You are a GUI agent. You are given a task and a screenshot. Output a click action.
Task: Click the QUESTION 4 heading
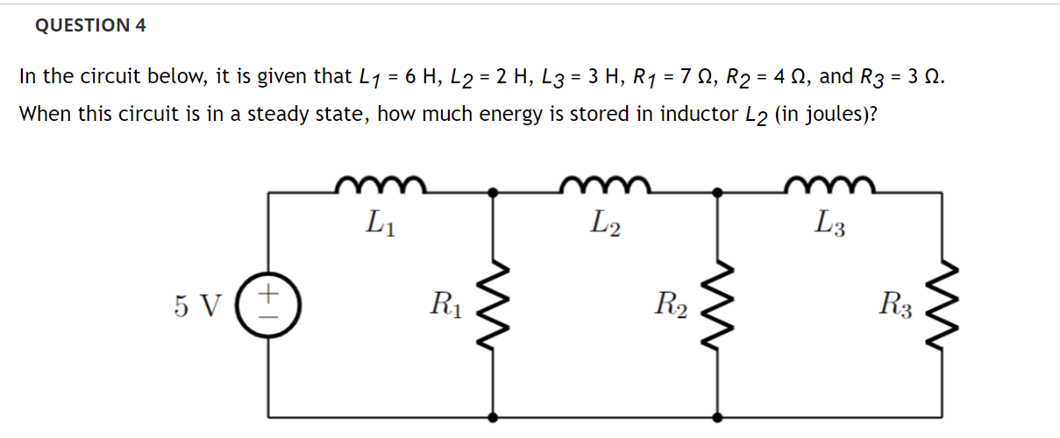point(90,26)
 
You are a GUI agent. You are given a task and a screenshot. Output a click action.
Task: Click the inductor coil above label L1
point(381,184)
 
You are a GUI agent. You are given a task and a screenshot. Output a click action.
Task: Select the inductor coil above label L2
point(605,184)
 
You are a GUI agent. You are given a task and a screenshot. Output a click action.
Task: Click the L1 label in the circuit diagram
point(381,226)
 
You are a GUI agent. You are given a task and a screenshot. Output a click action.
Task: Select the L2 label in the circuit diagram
point(606,226)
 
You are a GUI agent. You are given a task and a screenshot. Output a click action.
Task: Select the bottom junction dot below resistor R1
point(494,417)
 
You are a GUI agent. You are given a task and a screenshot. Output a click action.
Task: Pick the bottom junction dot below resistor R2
point(719,417)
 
